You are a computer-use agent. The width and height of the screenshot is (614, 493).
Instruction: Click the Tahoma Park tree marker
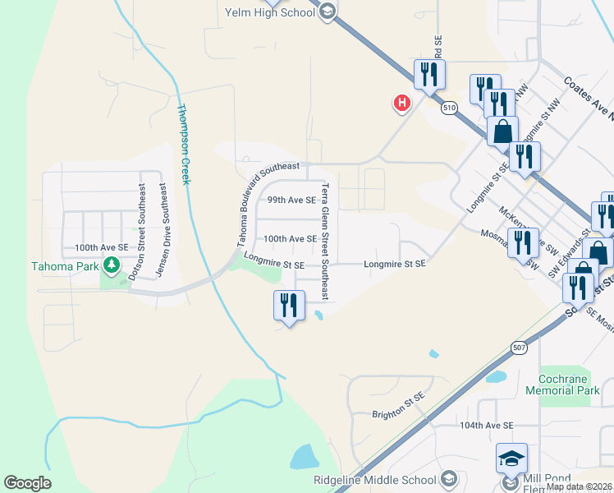[x=111, y=265]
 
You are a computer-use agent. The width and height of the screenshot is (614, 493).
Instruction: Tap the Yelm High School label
[x=269, y=12]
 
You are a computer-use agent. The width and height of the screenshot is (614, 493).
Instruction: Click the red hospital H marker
[x=402, y=103]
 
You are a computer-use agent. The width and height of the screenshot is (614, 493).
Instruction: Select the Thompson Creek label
[x=184, y=144]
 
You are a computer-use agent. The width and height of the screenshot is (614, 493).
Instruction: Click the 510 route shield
[x=448, y=108]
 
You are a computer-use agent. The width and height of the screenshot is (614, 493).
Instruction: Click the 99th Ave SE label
[x=291, y=200]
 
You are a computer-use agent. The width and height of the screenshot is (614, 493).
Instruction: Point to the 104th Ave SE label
[x=486, y=426]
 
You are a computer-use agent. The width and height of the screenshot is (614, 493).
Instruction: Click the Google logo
[x=27, y=483]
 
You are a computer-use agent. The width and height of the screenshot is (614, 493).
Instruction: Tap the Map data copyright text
[x=579, y=486]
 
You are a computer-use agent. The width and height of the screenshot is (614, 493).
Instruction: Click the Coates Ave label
[x=587, y=97]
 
